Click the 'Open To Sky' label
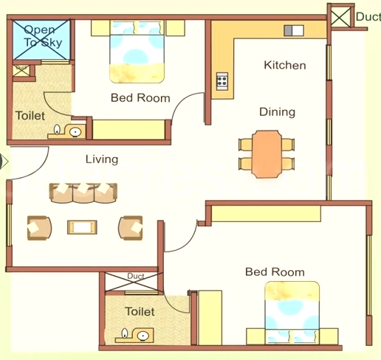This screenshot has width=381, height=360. point(42,36)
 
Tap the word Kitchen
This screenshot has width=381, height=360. point(285,65)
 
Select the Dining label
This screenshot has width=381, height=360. point(277,112)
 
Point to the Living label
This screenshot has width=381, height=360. point(102,159)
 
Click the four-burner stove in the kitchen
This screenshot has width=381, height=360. point(222,81)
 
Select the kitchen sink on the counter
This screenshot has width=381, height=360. point(294,31)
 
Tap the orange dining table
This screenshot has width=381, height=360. point(267,154)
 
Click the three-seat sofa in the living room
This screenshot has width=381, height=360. point(83,193)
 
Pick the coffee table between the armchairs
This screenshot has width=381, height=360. point(82,227)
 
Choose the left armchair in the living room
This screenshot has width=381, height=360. point(39,228)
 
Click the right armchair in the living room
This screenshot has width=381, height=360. point(131,227)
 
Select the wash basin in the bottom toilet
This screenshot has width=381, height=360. point(143,336)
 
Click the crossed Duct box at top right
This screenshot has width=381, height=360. point(340,16)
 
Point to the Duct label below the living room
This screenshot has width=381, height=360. point(136,276)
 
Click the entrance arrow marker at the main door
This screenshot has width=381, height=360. point(4,162)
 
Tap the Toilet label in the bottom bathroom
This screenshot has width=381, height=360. point(140,311)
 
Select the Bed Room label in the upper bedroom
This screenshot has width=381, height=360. point(140,97)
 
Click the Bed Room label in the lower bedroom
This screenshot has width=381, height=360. point(275,272)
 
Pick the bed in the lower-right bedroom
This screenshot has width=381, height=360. point(292,313)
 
